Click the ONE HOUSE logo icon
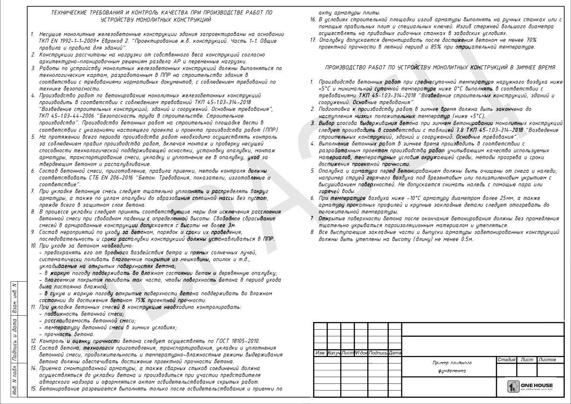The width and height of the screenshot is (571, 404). (513, 386)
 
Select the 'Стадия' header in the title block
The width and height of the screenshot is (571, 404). (506, 359)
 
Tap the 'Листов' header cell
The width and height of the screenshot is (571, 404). (547, 359)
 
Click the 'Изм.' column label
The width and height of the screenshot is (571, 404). (320, 353)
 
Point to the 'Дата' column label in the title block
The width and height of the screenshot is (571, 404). (395, 353)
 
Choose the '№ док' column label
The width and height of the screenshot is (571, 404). (361, 353)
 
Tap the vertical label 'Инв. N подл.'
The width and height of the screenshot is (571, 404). (15, 381)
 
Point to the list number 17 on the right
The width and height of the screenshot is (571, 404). (313, 39)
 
